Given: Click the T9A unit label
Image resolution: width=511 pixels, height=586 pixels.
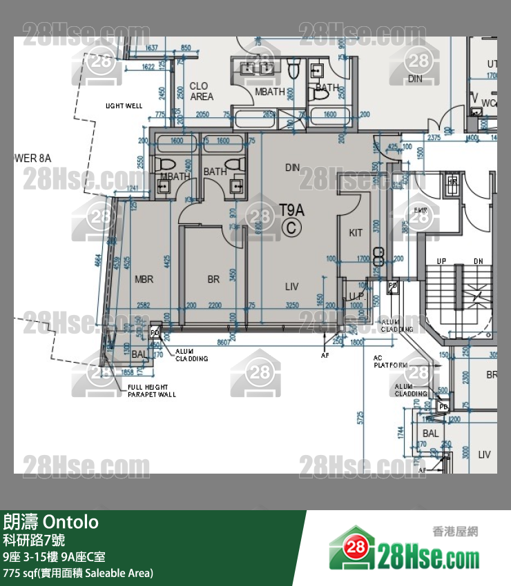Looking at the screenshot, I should (x=291, y=210).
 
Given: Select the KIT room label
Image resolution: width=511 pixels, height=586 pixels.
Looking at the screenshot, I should (x=356, y=233).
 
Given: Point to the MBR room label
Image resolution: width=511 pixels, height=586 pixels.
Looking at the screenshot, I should (x=144, y=279).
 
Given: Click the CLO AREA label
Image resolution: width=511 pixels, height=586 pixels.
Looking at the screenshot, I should (x=202, y=92).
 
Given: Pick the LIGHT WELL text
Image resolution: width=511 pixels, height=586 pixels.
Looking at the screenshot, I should (x=124, y=106).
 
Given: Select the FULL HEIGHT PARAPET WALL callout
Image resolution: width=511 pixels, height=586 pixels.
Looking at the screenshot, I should (x=151, y=391).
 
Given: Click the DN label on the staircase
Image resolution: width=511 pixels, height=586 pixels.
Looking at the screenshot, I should (x=478, y=261).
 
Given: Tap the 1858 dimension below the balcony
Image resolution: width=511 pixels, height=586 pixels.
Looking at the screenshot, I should (x=126, y=372).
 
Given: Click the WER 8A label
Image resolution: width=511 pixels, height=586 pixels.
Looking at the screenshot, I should (x=32, y=159).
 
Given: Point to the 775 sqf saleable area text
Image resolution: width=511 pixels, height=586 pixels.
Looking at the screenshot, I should (x=78, y=573).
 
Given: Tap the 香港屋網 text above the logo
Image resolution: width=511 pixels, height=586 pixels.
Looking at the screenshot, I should (x=455, y=532).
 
